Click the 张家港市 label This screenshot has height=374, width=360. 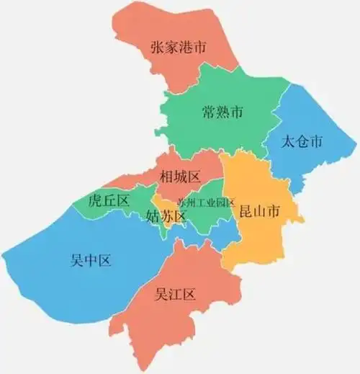click(179, 48)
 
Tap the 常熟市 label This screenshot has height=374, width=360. click(222, 112)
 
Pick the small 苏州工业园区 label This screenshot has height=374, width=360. click(206, 202)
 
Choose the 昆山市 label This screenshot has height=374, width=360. click(259, 211)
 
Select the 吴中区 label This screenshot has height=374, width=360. click(91, 260)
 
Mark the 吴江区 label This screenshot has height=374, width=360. click(176, 294)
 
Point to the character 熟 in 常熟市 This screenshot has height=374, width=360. click(222, 112)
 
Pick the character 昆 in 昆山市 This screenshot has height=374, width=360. click(245, 211)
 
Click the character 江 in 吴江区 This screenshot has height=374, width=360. click(176, 294)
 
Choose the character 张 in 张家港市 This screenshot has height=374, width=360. click(158, 48)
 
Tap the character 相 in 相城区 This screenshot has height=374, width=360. click(166, 176)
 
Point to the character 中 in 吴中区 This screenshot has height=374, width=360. click(91, 260)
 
